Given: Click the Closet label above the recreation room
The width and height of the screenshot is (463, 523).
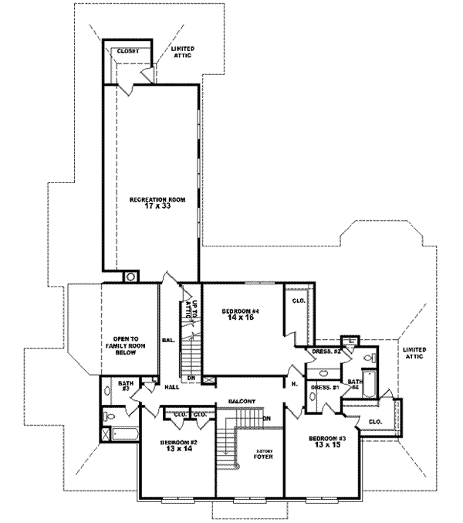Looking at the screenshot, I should click(127, 52).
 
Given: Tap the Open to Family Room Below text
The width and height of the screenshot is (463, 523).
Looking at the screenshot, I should click(124, 345).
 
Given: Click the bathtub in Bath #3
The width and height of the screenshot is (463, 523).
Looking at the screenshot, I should click(123, 435).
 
